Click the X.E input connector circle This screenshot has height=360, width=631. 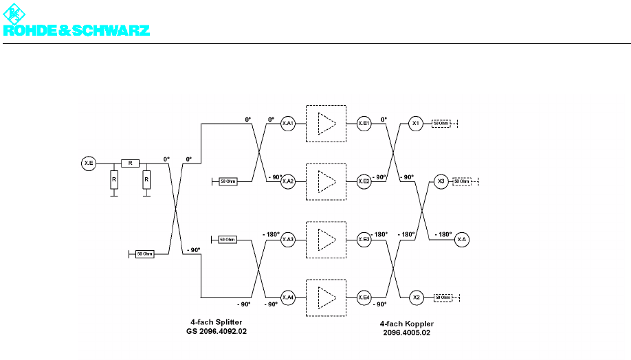89,163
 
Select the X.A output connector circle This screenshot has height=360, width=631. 462,240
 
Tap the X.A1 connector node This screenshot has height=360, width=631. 288,124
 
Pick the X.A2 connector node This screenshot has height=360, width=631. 288,181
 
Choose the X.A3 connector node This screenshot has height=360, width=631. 288,239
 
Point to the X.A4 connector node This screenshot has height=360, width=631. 288,297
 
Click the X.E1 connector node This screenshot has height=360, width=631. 364,124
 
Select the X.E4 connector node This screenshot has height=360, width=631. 364,297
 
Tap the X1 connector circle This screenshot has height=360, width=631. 415,124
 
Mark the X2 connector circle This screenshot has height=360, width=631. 415,297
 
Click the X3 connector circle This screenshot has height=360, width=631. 441,181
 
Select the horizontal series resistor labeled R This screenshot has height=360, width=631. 130,163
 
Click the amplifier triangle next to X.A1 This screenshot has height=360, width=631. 326,124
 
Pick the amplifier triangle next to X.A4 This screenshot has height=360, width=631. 326,297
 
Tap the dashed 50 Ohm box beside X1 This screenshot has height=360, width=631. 441,124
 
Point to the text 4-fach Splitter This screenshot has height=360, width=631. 217,322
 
